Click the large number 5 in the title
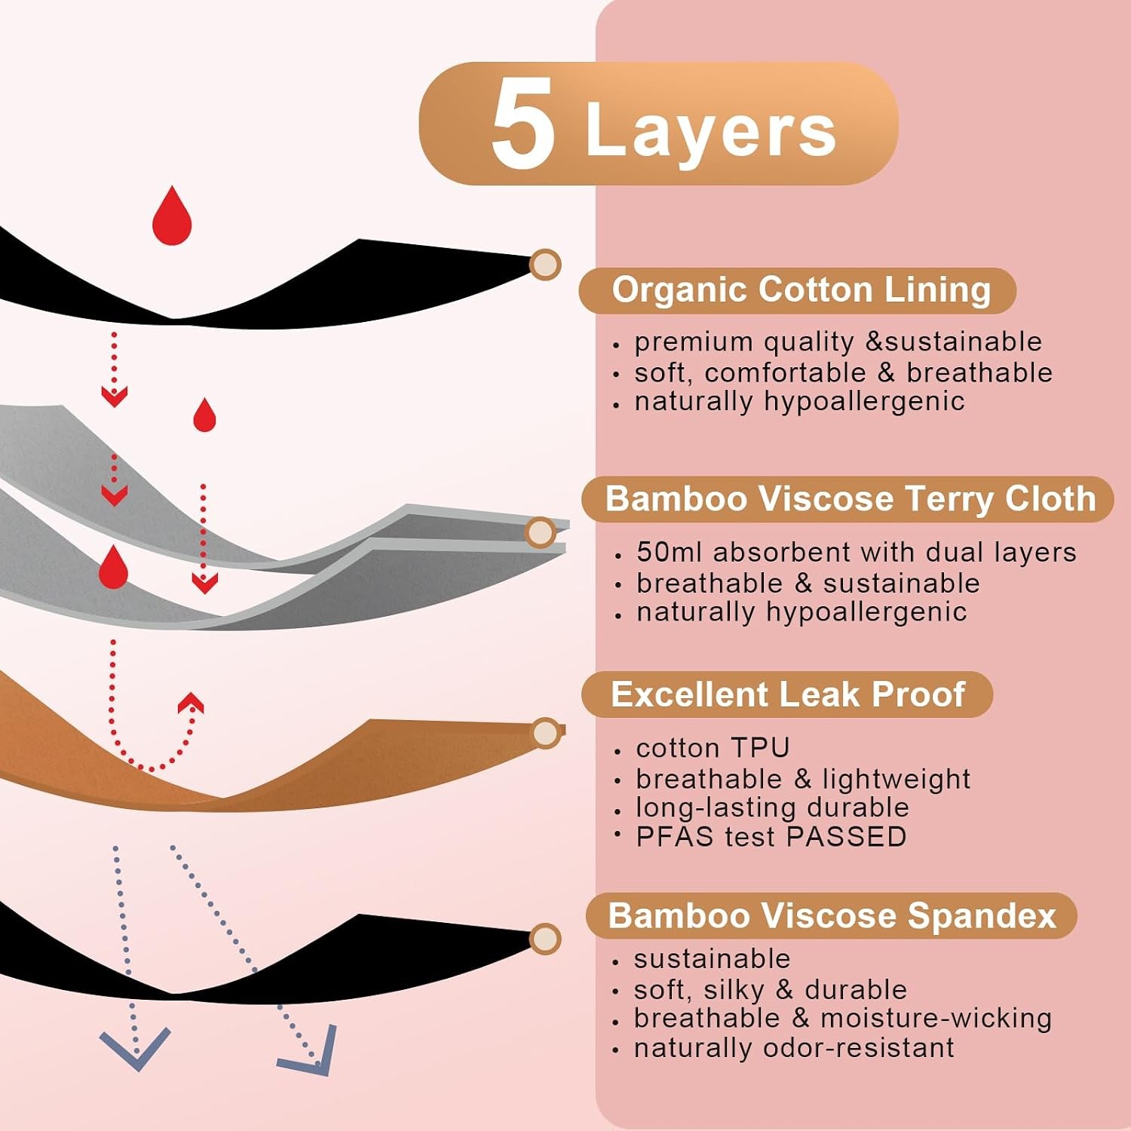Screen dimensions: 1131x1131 pos(523,124)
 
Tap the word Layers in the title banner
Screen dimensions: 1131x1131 pos(711,130)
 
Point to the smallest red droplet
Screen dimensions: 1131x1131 pos(204,415)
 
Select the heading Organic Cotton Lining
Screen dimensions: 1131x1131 pos(801,290)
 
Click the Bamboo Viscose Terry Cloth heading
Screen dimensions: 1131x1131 pos(851,498)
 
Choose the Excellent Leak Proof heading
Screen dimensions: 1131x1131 pos(787,694)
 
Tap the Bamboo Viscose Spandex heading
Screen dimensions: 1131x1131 pos(832,915)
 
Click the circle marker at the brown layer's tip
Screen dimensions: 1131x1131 pos(545,733)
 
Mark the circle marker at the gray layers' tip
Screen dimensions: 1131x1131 pos(540,533)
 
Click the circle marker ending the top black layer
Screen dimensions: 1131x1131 pos(544,265)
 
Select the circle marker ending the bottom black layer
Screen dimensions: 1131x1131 pos(544,939)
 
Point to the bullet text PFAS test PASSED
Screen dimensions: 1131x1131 pos(771,837)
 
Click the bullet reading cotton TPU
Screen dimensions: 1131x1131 pos(713,748)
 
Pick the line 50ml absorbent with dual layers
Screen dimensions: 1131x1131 pos(856,552)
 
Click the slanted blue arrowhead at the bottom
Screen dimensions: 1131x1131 pos(311,1052)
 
